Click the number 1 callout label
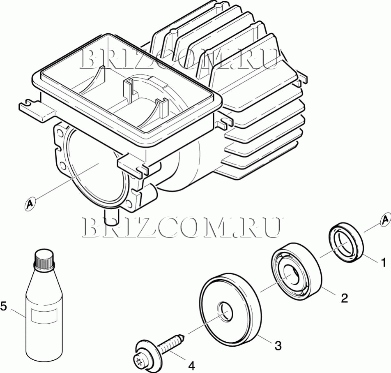click(x=383, y=263)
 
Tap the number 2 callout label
click(x=344, y=298)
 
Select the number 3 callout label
click(x=278, y=346)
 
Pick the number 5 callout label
click(x=4, y=306)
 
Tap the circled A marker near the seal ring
click(x=385, y=220)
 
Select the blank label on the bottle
click(x=44, y=315)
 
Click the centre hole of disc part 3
click(x=225, y=312)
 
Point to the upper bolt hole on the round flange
click(x=60, y=132)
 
